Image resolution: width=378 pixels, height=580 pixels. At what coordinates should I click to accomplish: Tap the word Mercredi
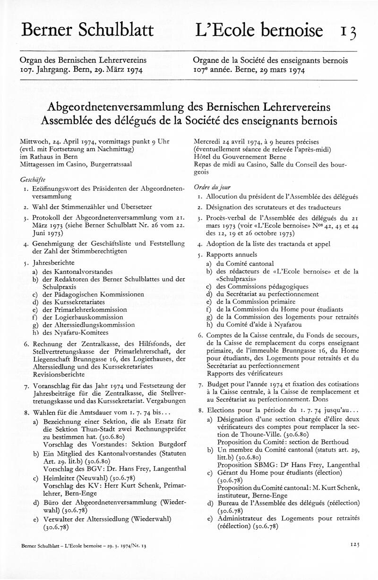(209, 141)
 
